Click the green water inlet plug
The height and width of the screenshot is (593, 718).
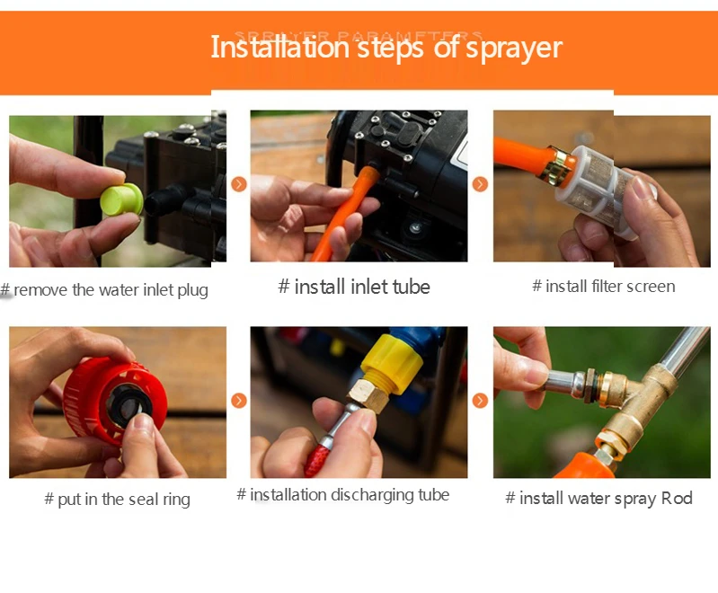pos(120,199)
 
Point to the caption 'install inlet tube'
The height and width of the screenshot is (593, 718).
pos(354,287)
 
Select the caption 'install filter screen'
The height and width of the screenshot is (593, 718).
pos(603,287)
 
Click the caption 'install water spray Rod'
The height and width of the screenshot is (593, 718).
pos(598,499)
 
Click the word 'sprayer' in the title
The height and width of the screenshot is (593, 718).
pos(513,47)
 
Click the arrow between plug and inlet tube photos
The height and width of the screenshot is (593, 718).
pos(238,184)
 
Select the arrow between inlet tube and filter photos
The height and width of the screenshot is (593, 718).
pos(480,184)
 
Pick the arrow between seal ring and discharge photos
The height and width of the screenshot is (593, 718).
pos(238,401)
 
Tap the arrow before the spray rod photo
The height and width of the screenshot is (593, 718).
pos(480,401)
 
